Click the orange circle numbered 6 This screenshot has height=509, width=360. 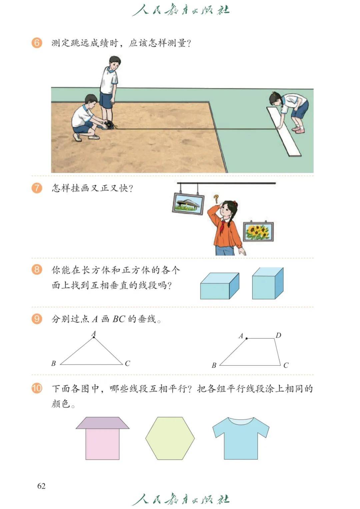[37, 43]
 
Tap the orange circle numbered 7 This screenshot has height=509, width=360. [37, 188]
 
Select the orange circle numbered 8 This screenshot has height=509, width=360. [37, 270]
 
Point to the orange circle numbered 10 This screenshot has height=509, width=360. [37, 388]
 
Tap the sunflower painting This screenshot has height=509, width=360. [258, 231]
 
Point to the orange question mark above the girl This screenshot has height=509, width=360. [216, 198]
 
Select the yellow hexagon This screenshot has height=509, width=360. [170, 438]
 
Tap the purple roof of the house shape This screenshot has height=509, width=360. [103, 423]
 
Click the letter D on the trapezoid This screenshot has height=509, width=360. [278, 335]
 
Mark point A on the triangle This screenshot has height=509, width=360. [94, 338]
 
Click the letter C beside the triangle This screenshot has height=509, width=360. [127, 363]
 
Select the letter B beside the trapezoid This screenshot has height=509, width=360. [214, 365]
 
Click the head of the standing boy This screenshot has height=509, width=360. [115, 62]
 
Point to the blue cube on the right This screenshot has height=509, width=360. [268, 283]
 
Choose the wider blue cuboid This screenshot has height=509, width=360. [220, 286]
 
